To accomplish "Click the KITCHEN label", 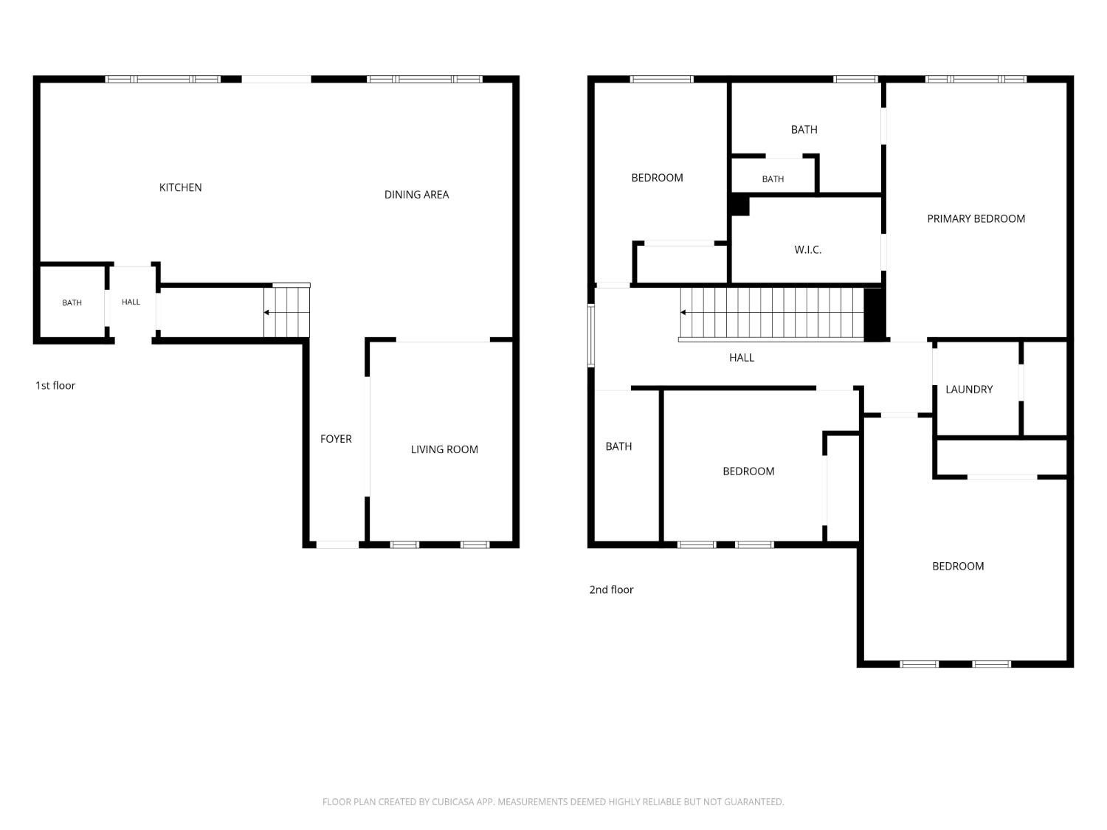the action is pyautogui.click(x=180, y=187).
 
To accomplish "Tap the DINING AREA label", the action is pyautogui.click(x=416, y=195).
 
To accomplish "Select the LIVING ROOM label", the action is pyautogui.click(x=444, y=449).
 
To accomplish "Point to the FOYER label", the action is pyautogui.click(x=335, y=439).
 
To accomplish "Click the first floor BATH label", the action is pyautogui.click(x=72, y=302).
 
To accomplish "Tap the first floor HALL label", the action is pyautogui.click(x=131, y=302).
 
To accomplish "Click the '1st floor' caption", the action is pyautogui.click(x=55, y=386).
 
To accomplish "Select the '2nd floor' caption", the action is pyautogui.click(x=611, y=589).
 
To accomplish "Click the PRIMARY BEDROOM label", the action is pyautogui.click(x=976, y=218).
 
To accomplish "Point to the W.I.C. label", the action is pyautogui.click(x=807, y=249).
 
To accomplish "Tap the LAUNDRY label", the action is pyautogui.click(x=968, y=389).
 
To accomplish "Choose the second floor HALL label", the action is pyautogui.click(x=742, y=358).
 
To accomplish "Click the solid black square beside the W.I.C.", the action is pyautogui.click(x=740, y=206).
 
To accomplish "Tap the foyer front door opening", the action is pyautogui.click(x=337, y=544).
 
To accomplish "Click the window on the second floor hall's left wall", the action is pyautogui.click(x=591, y=335).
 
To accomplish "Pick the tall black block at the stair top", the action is pyautogui.click(x=875, y=314).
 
